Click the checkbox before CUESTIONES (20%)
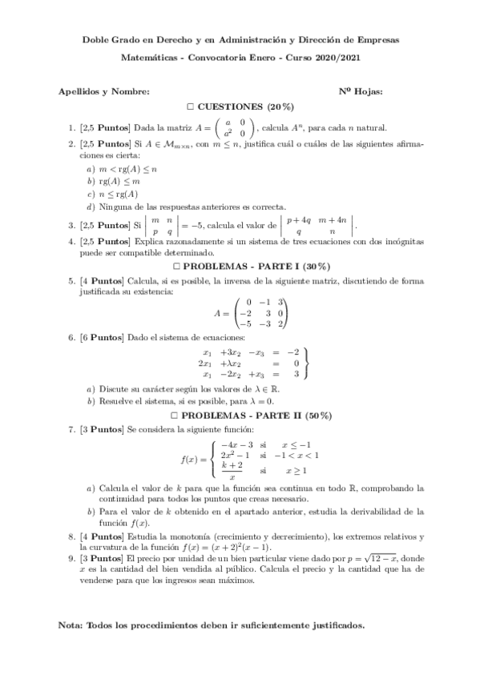coord(191,106)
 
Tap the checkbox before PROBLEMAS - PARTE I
coord(177,266)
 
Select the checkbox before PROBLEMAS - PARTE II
coord(175,416)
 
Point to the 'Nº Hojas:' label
coord(361,91)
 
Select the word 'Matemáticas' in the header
coord(158,58)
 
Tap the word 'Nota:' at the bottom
coord(73,624)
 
